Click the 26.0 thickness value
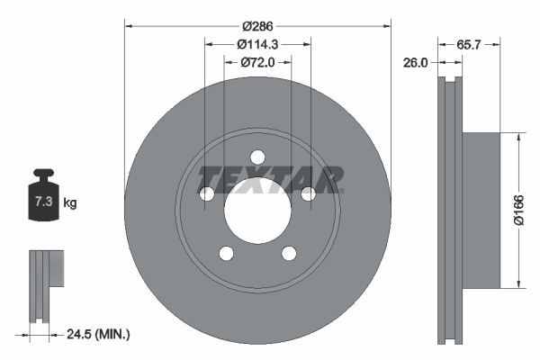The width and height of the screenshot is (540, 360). (416, 63)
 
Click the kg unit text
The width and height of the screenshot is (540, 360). (70, 204)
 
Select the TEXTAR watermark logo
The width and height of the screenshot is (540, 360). (270, 179)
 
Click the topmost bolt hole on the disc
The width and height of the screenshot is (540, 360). (257, 157)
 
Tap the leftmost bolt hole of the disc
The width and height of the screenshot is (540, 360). (206, 194)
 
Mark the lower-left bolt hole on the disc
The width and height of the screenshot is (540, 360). (226, 254)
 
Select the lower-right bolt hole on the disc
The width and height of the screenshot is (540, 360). (289, 254)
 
